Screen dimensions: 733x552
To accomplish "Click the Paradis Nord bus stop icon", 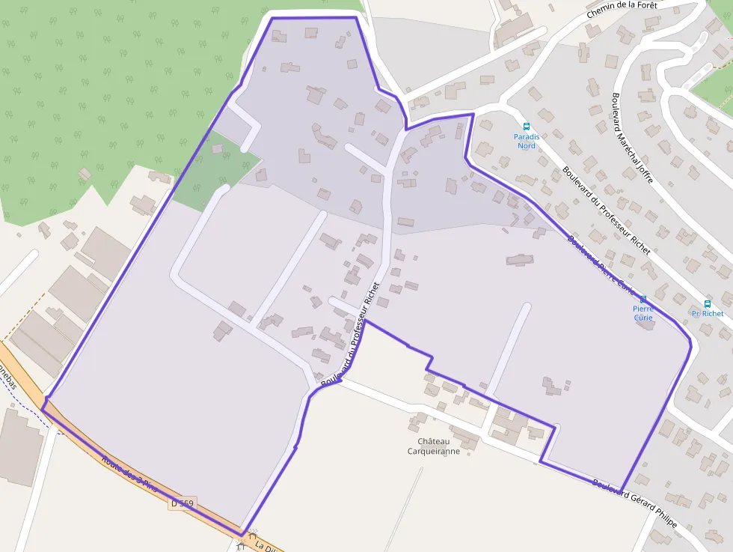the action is (x=526, y=127).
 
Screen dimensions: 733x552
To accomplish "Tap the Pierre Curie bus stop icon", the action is (x=643, y=300).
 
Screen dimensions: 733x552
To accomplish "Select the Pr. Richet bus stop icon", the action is (x=708, y=304).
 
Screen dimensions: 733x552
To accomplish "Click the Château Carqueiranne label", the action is (x=434, y=446).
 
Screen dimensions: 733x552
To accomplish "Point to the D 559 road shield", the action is (x=182, y=504).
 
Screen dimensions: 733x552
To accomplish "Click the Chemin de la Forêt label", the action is (x=622, y=9).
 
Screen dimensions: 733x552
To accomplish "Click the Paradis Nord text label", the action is (x=527, y=141).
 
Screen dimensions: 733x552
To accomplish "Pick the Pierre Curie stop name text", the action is (x=643, y=313).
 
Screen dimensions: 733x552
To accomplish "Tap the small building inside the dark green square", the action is (x=218, y=148).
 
